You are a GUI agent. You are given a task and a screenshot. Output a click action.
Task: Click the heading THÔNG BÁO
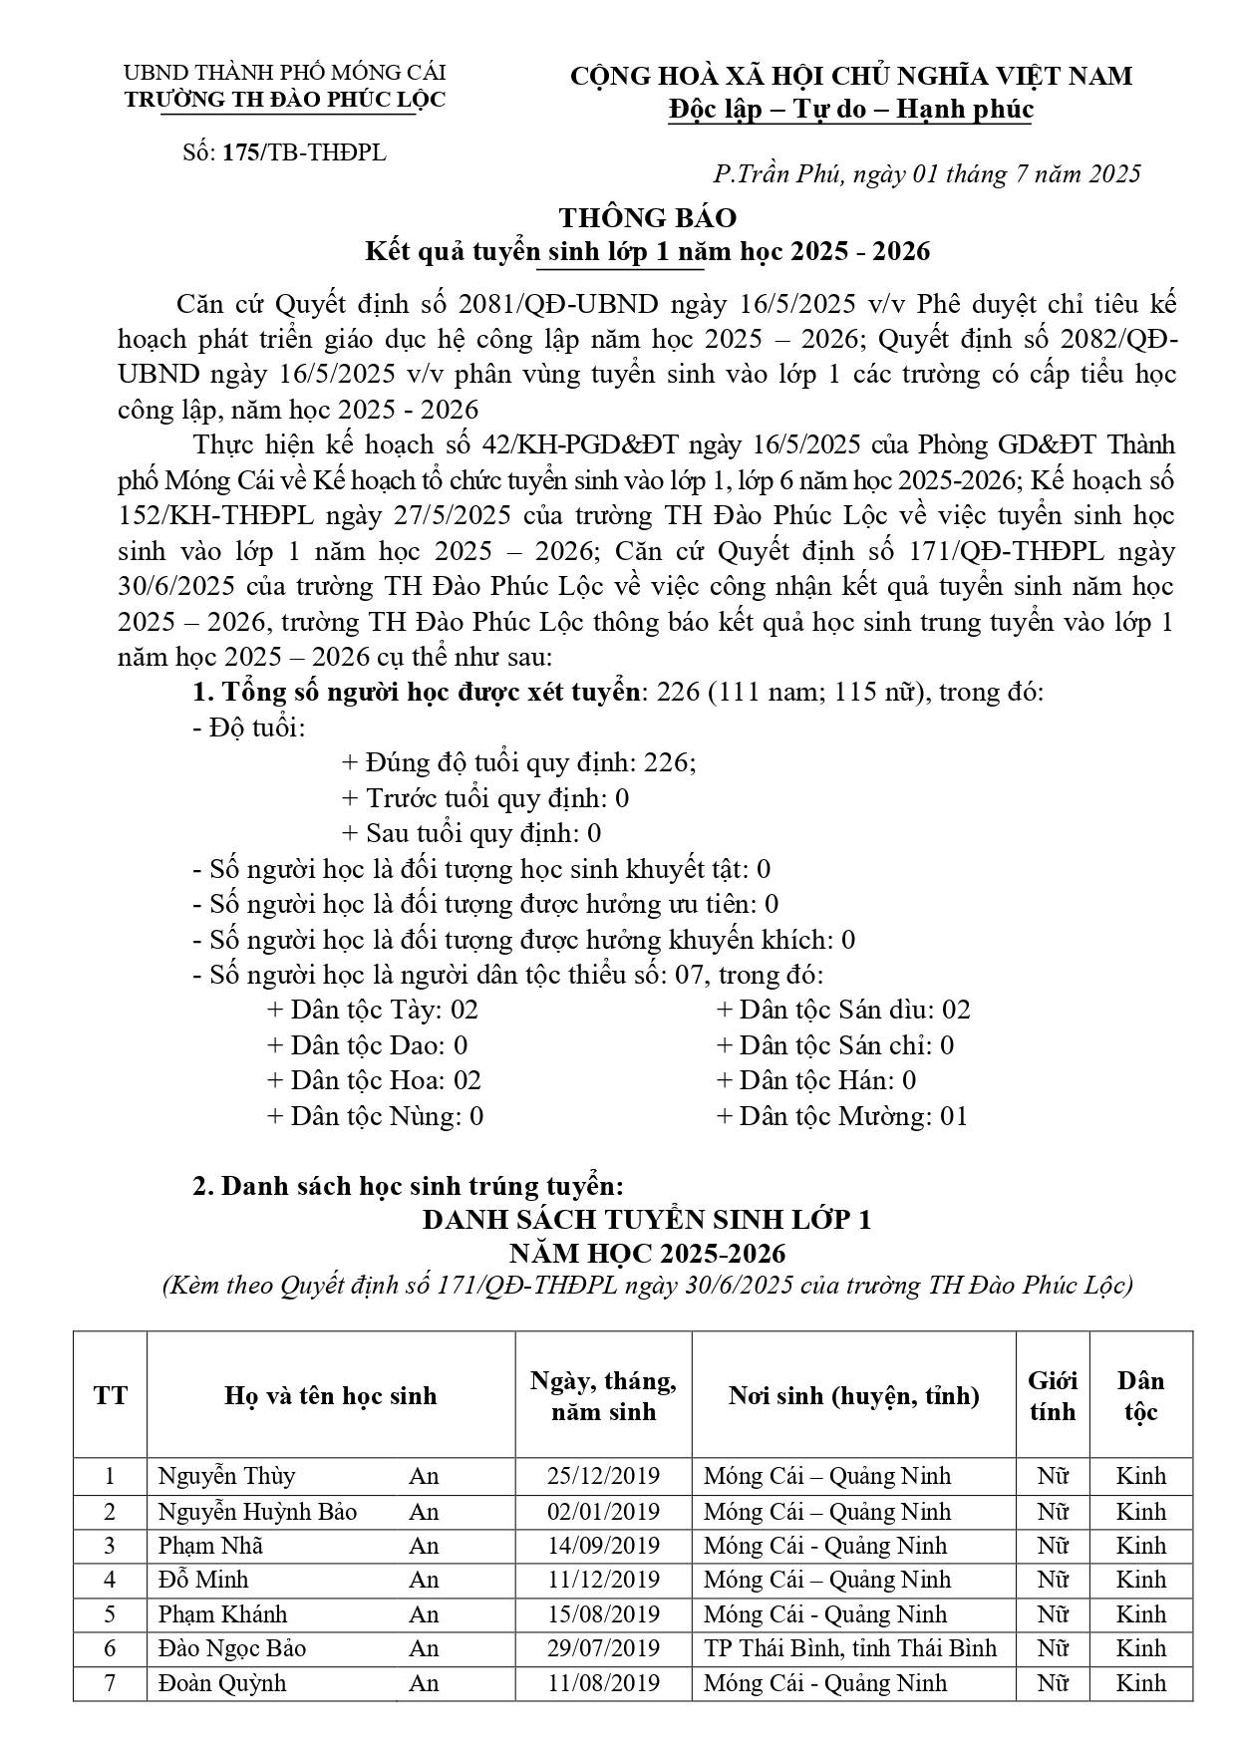click(648, 218)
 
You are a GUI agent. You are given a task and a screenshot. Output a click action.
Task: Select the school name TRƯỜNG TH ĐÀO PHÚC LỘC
click(284, 100)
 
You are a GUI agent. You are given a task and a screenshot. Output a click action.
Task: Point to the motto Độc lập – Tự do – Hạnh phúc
click(851, 109)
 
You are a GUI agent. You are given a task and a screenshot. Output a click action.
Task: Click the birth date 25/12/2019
click(603, 1476)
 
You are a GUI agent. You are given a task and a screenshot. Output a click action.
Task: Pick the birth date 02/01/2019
click(603, 1512)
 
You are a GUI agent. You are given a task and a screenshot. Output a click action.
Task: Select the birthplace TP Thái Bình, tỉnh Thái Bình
click(850, 1648)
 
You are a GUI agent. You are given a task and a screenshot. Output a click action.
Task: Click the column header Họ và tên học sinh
click(331, 1396)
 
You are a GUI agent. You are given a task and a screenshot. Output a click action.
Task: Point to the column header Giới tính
click(1053, 1396)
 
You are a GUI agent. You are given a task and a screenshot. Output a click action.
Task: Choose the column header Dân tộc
click(1140, 1396)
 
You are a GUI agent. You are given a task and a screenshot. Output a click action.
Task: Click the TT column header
click(110, 1396)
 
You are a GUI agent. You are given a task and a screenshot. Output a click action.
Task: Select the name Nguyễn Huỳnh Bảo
click(257, 1512)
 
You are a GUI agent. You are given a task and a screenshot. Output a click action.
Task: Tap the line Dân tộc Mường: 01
click(842, 1116)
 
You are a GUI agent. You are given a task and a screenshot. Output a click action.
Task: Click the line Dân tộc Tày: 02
click(373, 1011)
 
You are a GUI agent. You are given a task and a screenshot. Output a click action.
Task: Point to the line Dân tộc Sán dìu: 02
click(843, 1011)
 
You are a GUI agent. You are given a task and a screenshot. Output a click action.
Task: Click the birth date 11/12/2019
click(603, 1580)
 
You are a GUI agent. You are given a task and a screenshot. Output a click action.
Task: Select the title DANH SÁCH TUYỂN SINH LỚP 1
click(647, 1220)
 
